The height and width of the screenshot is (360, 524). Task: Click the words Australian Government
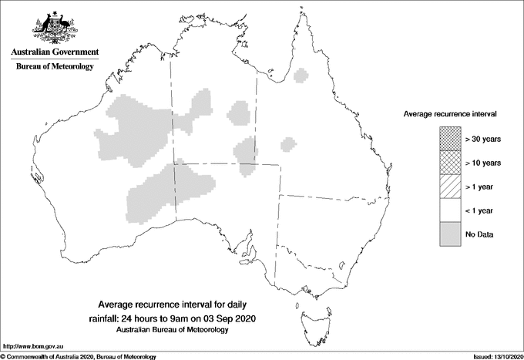[x=54, y=52]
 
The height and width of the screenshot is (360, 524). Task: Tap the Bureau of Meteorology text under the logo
[x=54, y=67]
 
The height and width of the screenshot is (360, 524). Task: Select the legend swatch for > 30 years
[x=448, y=139]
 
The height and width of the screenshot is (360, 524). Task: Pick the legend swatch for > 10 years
[x=448, y=163]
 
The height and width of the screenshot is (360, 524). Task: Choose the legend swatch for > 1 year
[x=448, y=187]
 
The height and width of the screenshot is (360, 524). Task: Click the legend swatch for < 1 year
[x=448, y=210]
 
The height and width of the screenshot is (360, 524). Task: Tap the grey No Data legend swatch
[x=448, y=234]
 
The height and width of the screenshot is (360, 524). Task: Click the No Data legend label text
[x=479, y=234]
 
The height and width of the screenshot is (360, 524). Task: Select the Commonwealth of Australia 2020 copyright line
[x=79, y=356]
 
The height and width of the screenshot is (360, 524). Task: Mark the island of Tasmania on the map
[x=309, y=316]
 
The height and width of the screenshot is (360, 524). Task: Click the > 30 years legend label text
[x=483, y=139]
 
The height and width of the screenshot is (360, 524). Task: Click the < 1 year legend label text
[x=481, y=210]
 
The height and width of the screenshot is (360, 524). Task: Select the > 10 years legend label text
[x=483, y=163]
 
